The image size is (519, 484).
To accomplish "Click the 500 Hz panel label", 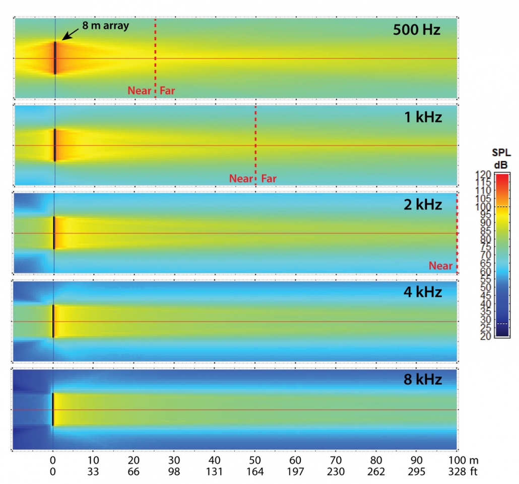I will [x=417, y=30].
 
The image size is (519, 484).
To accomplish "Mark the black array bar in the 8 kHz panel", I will [x=52, y=409].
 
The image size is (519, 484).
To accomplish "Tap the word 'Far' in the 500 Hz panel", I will [x=168, y=91].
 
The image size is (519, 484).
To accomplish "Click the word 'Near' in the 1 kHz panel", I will [x=241, y=178].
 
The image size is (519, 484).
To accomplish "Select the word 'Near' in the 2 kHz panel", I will [x=440, y=266].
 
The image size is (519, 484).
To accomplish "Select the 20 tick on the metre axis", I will [x=133, y=460].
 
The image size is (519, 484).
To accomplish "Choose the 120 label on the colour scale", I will [x=483, y=175].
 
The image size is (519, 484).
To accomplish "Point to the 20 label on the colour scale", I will [x=483, y=336].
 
